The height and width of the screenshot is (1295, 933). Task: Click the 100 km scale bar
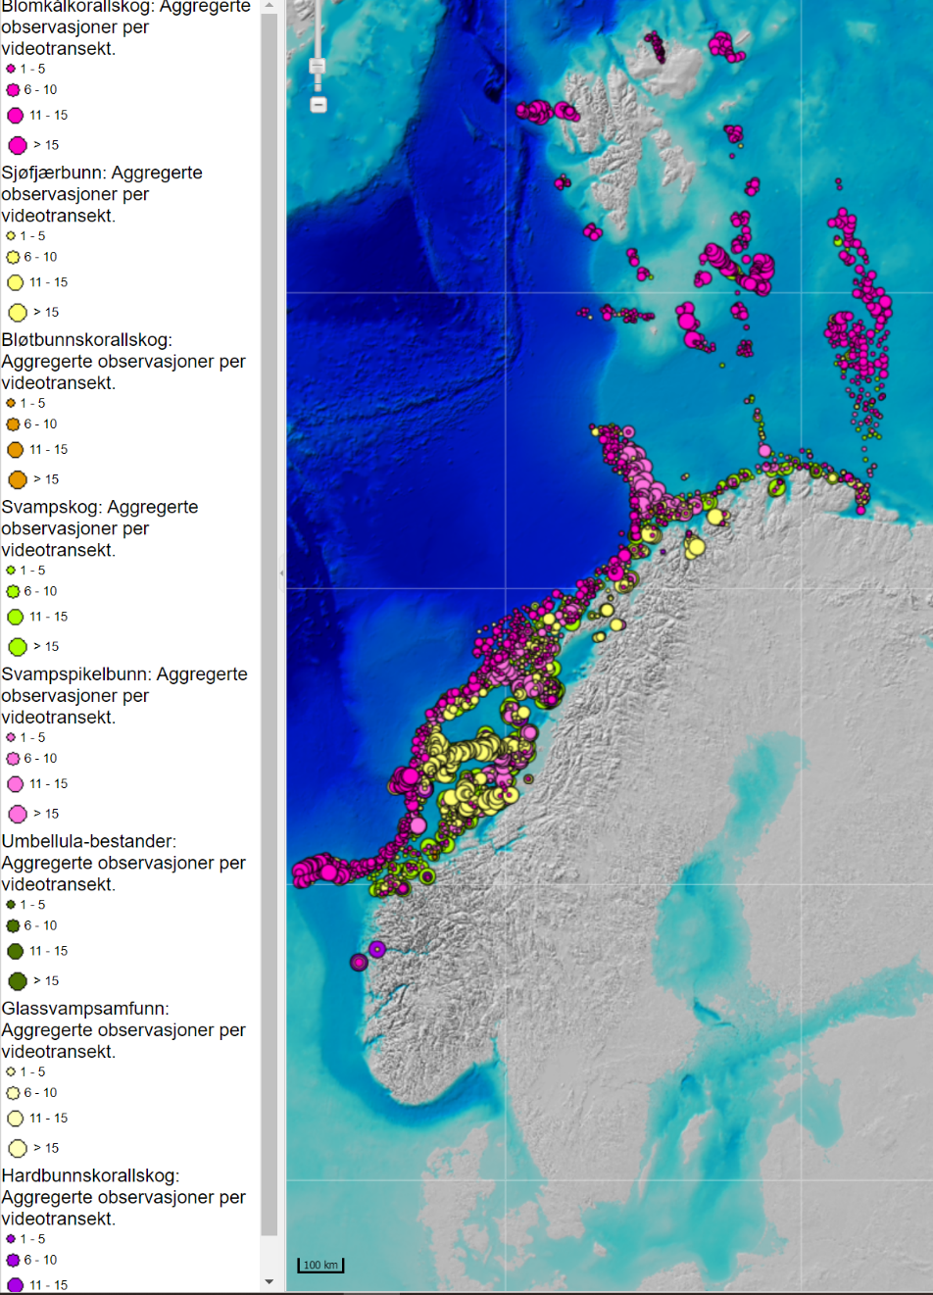[x=320, y=1266]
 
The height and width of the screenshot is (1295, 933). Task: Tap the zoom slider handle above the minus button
[x=318, y=67]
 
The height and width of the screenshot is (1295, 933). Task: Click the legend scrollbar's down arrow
[x=270, y=1281]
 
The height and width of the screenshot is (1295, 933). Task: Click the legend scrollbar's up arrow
[x=270, y=6]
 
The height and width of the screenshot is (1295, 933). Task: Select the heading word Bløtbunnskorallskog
[x=86, y=340]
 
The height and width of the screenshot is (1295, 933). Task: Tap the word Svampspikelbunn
[x=75, y=674]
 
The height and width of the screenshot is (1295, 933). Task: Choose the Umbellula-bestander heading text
[x=88, y=842]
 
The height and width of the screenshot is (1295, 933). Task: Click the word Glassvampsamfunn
[x=84, y=1009]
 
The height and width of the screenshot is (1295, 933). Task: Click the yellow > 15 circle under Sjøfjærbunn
[x=17, y=313]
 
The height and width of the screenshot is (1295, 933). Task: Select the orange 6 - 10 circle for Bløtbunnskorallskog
[x=13, y=424]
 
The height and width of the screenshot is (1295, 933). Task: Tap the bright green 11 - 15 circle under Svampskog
[x=15, y=617]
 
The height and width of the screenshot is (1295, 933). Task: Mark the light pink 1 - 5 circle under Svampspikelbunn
[x=11, y=737]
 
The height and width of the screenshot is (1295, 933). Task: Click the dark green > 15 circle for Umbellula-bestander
[x=17, y=981]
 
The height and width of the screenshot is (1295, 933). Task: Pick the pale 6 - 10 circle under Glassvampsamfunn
[x=13, y=1093]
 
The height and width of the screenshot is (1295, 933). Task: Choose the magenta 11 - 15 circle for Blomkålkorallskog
[x=15, y=116]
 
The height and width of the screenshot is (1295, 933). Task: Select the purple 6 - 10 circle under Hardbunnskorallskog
[x=13, y=1260]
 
